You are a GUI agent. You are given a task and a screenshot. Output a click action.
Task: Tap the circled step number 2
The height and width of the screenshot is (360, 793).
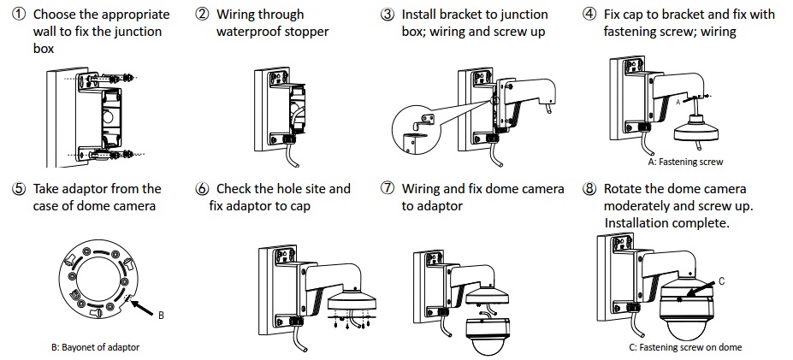coord(202,15)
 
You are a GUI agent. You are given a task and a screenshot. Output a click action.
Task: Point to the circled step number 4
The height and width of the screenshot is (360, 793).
coord(590,15)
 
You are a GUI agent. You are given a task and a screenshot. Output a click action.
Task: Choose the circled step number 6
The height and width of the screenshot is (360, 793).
coord(202,189)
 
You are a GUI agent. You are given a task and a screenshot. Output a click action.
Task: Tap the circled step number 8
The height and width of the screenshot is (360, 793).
coord(590,189)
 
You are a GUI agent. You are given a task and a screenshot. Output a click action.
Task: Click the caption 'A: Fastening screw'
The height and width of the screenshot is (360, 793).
coord(684,162)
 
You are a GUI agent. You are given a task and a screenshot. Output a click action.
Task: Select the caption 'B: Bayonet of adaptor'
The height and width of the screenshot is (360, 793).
coord(95,347)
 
